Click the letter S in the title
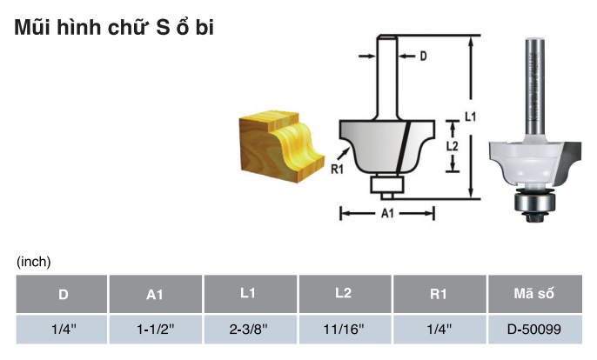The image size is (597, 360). click(163, 28)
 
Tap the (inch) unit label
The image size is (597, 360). click(33, 262)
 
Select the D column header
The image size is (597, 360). click(64, 294)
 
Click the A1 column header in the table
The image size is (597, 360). click(155, 295)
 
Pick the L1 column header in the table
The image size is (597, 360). click(248, 293)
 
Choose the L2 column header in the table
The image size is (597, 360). click(343, 293)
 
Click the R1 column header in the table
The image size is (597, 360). click(439, 294)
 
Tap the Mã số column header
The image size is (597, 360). click(533, 293)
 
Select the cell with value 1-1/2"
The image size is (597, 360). click(155, 330)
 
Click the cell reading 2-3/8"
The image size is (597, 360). click(248, 330)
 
